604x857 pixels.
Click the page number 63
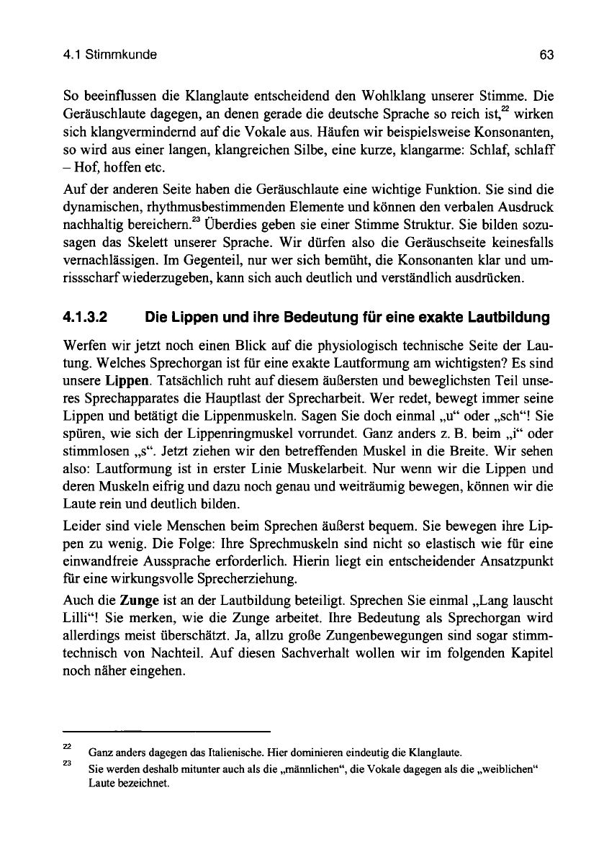tap(546, 55)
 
